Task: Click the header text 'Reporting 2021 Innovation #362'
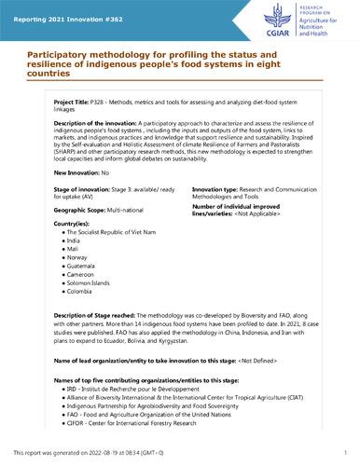59,9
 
